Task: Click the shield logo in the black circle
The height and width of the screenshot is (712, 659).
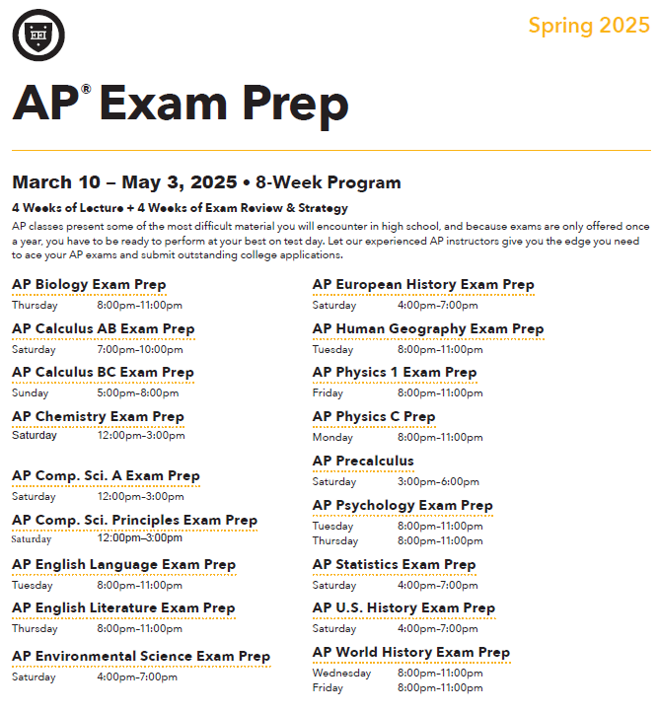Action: pyautogui.click(x=38, y=35)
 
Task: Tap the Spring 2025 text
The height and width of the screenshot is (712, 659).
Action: pyautogui.click(x=589, y=25)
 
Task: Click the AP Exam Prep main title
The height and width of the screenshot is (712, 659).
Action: pyautogui.click(x=181, y=104)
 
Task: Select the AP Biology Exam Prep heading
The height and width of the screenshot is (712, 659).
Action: pyautogui.click(x=89, y=285)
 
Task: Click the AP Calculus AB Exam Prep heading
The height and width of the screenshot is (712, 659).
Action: pyautogui.click(x=104, y=328)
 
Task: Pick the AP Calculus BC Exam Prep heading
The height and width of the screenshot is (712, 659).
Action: pyautogui.click(x=104, y=372)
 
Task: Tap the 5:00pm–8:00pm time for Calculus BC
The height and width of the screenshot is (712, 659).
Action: pyautogui.click(x=138, y=392)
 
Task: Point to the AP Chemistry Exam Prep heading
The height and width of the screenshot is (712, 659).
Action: pyautogui.click(x=98, y=416)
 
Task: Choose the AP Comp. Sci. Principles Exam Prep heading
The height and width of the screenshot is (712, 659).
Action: pyautogui.click(x=134, y=520)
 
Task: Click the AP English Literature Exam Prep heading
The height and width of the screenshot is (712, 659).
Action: pyautogui.click(x=123, y=607)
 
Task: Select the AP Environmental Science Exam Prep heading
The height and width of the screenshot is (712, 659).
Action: pyautogui.click(x=141, y=656)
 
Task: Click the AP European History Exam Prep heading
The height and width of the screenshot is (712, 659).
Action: pyautogui.click(x=423, y=284)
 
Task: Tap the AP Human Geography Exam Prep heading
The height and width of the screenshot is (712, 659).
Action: pyautogui.click(x=428, y=328)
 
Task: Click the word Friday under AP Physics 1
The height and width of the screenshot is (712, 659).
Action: pyautogui.click(x=329, y=392)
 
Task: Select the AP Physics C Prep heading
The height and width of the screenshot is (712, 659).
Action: pyautogui.click(x=374, y=416)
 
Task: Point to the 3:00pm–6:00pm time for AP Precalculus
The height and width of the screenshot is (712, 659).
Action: pyautogui.click(x=438, y=481)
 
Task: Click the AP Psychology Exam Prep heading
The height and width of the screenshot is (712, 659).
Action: pyautogui.click(x=403, y=505)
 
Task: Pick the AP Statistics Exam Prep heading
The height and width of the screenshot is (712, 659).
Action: pyautogui.click(x=394, y=564)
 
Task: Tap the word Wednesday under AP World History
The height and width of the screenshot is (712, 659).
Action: pyautogui.click(x=341, y=673)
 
